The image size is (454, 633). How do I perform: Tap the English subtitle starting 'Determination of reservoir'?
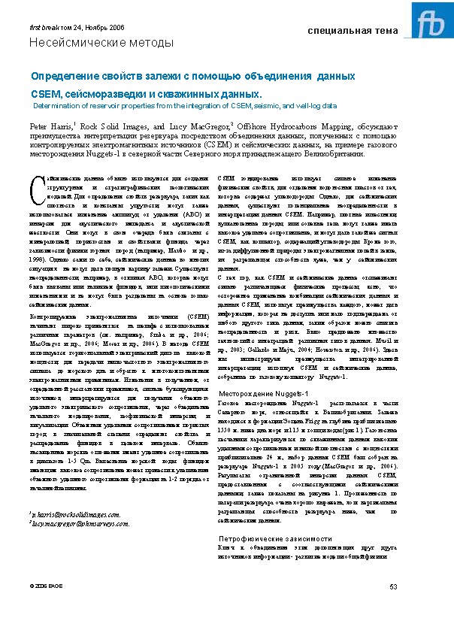tap(174, 106)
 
